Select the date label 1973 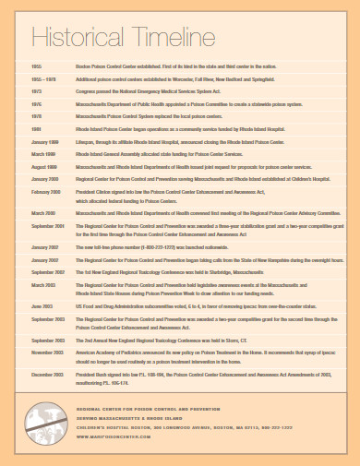37,92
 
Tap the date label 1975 37,105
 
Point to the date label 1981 37,131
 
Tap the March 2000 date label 42,212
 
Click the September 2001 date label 47,225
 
